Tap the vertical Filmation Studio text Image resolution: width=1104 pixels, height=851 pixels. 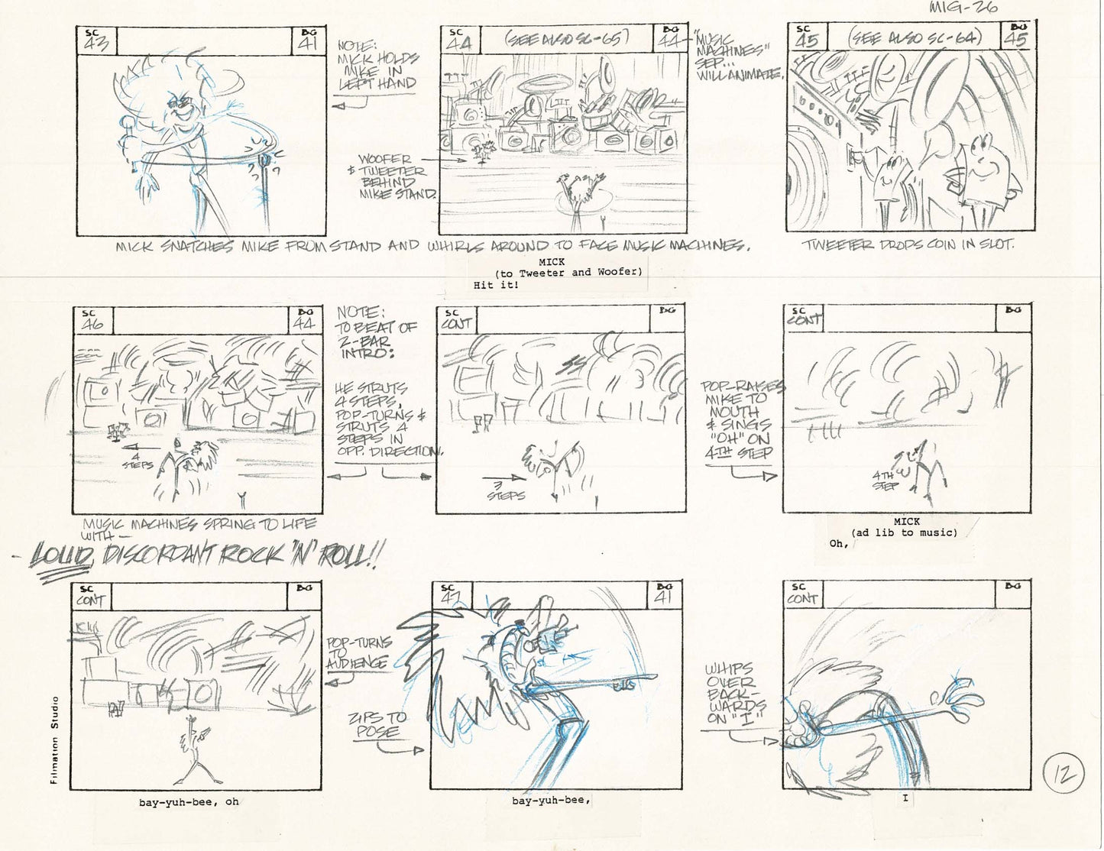point(54,739)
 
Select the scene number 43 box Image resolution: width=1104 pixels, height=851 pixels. point(96,41)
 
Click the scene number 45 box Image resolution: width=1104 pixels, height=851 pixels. point(806,37)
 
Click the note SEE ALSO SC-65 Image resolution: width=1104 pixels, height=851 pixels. point(567,38)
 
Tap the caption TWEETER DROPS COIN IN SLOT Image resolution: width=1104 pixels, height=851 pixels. point(908,245)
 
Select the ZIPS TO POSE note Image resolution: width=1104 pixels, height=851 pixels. point(379,725)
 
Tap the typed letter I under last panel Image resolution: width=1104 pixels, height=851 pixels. point(905,799)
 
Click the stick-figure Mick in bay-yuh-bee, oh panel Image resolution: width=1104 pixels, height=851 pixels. point(194,751)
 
